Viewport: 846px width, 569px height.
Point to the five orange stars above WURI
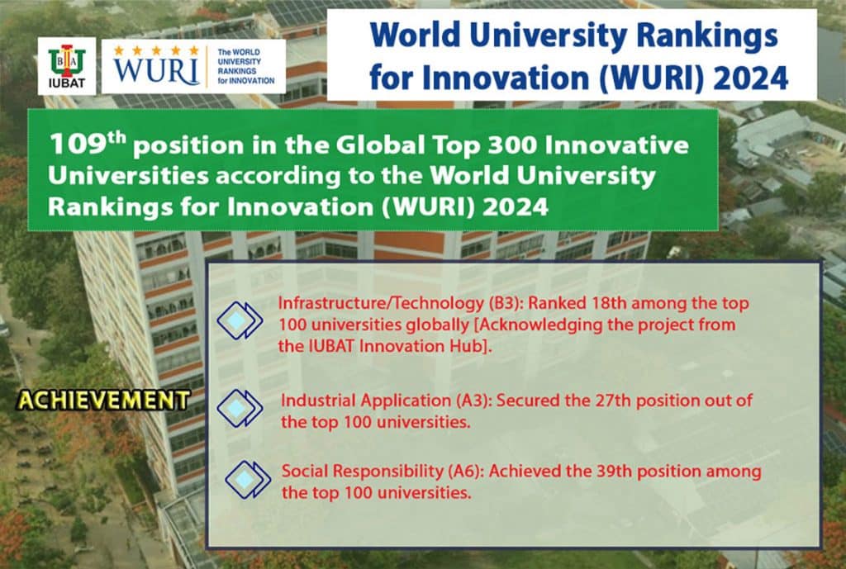[156, 50]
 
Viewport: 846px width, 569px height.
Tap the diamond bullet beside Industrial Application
[239, 408]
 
